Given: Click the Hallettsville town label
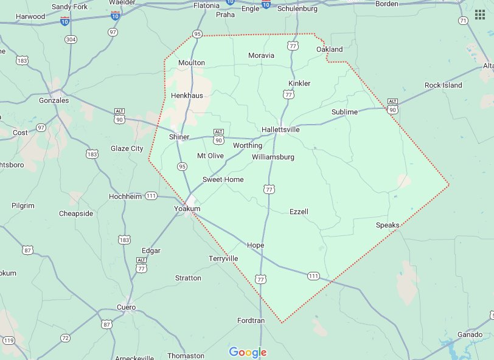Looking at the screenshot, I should (x=280, y=130).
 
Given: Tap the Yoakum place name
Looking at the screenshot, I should (x=187, y=209).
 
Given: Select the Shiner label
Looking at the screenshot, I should (x=179, y=137).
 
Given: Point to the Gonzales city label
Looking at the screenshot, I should (x=54, y=100).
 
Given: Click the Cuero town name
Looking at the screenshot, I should (x=127, y=307).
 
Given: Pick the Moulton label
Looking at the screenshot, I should (x=191, y=63).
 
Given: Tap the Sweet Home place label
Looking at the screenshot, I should (x=223, y=179).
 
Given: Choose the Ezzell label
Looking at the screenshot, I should (x=299, y=212).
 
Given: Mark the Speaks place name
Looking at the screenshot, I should (x=388, y=225).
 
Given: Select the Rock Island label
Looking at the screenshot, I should (x=443, y=85).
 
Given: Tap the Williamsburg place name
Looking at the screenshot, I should (x=273, y=157).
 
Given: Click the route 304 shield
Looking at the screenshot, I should (x=71, y=40).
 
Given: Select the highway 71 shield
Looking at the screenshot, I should (x=463, y=21).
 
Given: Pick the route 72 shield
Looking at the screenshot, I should (x=65, y=337).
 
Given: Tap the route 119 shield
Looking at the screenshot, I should (x=9, y=341).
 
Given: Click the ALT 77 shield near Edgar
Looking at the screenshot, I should (x=141, y=265).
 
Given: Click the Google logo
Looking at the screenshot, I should (x=248, y=352).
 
